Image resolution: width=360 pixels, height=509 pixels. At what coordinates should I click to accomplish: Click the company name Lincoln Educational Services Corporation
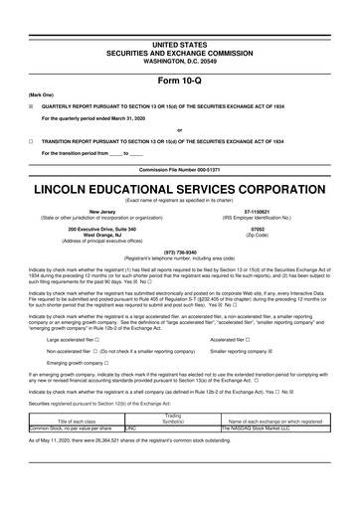180,187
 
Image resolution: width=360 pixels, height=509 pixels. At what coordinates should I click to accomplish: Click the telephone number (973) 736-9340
180,251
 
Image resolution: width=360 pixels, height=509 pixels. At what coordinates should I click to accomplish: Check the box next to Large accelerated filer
104,340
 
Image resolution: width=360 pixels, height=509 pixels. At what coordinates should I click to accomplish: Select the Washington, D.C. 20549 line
180,31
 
